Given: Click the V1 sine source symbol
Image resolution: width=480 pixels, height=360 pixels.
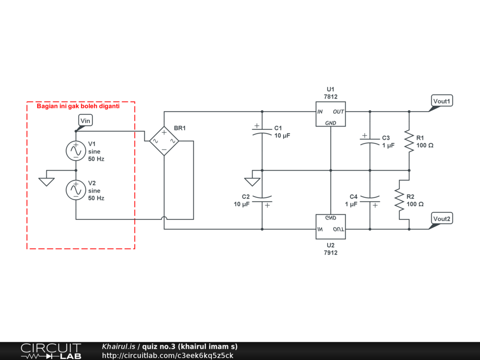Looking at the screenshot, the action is click(x=76, y=150).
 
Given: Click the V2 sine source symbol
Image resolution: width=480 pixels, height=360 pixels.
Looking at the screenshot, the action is click(x=76, y=190).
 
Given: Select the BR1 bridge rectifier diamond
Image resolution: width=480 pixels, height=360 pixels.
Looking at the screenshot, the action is click(x=164, y=141).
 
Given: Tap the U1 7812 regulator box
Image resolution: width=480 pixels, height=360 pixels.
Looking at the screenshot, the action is click(x=330, y=114).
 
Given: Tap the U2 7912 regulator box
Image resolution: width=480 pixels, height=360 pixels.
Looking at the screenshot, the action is click(x=330, y=226).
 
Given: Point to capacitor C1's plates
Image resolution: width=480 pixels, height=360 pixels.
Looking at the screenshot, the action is click(x=262, y=131).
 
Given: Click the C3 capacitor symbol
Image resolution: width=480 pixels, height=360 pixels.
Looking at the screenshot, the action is click(x=370, y=141).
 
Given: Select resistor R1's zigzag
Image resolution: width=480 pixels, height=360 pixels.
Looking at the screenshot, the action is click(x=409, y=141).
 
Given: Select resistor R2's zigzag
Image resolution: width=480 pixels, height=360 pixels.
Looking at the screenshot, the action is click(x=399, y=200).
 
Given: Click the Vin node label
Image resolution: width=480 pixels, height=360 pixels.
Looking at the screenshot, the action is click(x=85, y=120).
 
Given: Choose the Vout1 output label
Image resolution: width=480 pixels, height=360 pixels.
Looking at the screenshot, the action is click(x=442, y=101).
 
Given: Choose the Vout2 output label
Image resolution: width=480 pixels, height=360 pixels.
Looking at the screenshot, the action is click(x=442, y=218).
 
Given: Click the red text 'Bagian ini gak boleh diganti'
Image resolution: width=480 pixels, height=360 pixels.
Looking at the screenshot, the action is click(x=78, y=106).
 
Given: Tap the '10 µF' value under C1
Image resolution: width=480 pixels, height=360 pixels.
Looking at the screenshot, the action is click(x=282, y=135).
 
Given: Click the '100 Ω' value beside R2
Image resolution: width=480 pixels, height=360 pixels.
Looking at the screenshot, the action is click(x=415, y=204).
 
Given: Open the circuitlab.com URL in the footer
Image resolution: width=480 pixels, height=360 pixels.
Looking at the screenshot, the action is click(x=167, y=355).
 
